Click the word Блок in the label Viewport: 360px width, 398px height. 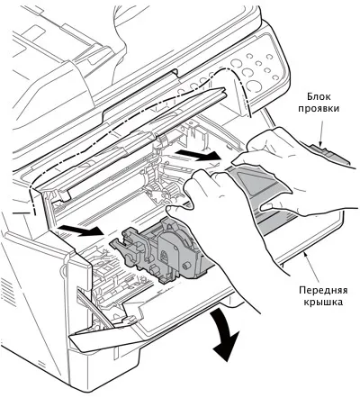(319, 96)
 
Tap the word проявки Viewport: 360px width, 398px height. (319, 108)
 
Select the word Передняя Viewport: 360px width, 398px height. (323, 290)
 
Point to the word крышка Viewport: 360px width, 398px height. (323, 302)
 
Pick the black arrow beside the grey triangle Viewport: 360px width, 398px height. (198, 155)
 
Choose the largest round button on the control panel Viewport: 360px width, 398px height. (254, 86)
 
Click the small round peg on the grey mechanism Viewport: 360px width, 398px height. (186, 265)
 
